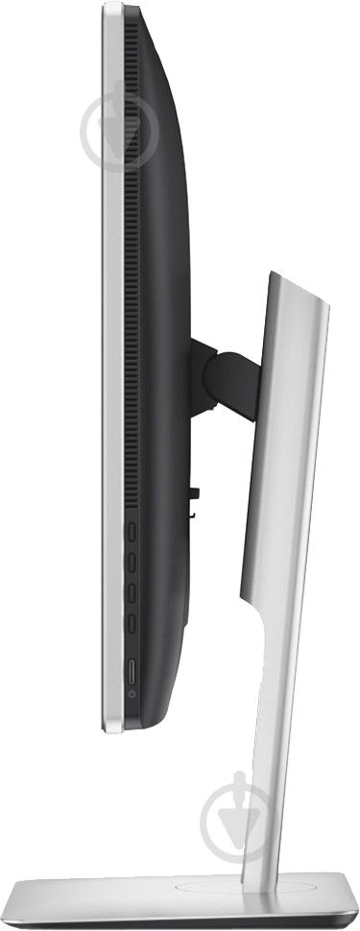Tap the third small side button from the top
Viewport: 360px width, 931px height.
pos(132,591)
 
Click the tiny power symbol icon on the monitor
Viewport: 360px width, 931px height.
pos(132,692)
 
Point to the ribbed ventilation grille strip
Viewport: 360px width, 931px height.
pos(132,240)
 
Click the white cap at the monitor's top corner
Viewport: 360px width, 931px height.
pos(113,10)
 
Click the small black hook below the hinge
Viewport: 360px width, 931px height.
pos(194,496)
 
